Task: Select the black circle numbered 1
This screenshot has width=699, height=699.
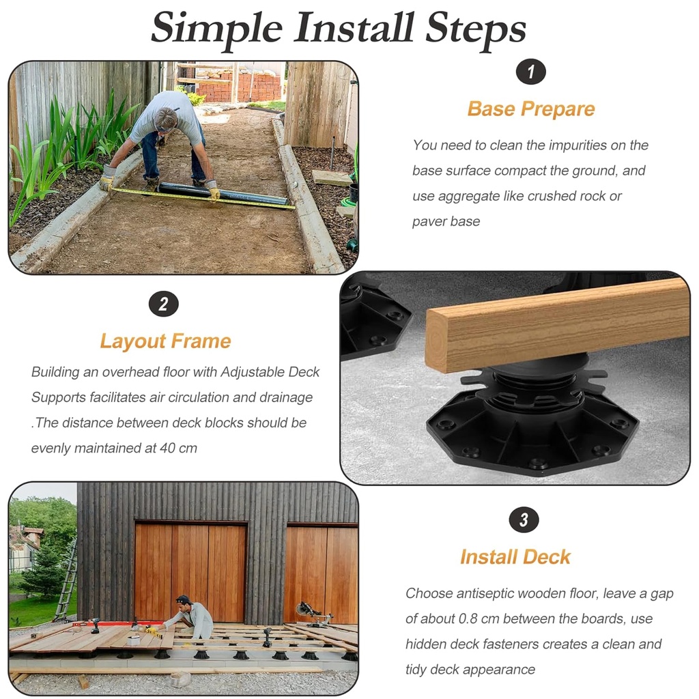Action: [x=531, y=71]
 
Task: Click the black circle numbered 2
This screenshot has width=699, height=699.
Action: [x=164, y=304]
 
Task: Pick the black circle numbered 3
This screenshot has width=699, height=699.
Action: [x=524, y=519]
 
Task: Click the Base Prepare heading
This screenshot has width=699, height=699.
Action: [x=531, y=109]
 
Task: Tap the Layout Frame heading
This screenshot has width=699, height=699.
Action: [x=165, y=341]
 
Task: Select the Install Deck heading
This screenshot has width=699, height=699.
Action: [x=515, y=557]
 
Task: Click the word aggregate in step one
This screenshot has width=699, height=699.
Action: [x=469, y=197]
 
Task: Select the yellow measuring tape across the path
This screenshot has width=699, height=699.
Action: [x=203, y=198]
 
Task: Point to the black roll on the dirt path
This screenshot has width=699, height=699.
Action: [x=223, y=194]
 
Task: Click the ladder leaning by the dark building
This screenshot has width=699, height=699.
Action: [x=67, y=580]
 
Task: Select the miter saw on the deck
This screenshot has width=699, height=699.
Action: [x=314, y=614]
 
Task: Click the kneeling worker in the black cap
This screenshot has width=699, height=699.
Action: [x=190, y=616]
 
